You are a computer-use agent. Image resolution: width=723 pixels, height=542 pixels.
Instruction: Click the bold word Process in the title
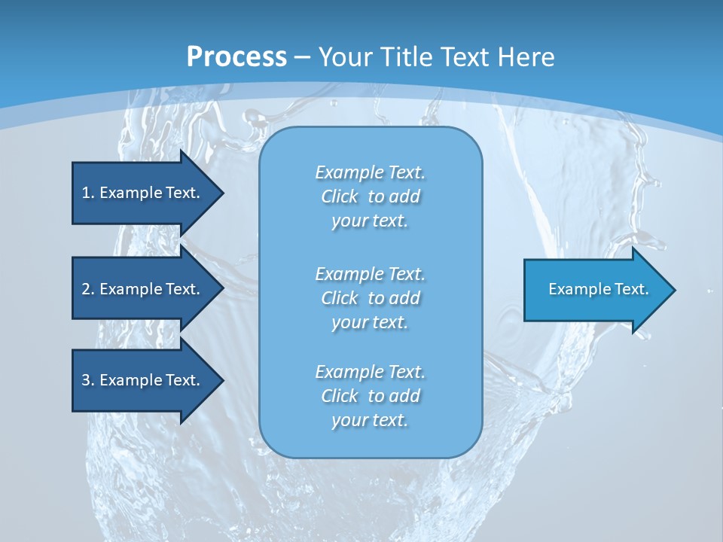point(236,57)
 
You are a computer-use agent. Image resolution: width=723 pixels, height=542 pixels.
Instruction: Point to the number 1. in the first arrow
point(88,193)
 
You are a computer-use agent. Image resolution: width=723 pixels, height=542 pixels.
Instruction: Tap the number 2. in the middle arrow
point(88,289)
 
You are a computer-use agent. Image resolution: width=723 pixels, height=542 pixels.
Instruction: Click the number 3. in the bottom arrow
point(88,380)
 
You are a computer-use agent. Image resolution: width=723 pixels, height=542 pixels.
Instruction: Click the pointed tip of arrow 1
point(221,193)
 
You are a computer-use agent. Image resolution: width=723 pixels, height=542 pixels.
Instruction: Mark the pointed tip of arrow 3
point(221,380)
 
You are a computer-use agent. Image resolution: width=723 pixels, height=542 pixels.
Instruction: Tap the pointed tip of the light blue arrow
point(673,289)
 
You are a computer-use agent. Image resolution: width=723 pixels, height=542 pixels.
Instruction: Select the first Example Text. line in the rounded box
point(371,172)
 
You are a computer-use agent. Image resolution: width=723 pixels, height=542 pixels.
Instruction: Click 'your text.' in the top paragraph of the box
point(370,221)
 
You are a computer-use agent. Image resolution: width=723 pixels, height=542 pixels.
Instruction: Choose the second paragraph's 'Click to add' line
point(371,298)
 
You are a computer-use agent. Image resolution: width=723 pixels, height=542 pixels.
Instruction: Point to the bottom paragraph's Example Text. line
point(371,372)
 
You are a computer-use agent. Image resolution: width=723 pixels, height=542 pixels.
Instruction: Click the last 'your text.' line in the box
point(370,421)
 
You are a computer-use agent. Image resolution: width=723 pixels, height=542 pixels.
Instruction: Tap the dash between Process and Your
point(303,57)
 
